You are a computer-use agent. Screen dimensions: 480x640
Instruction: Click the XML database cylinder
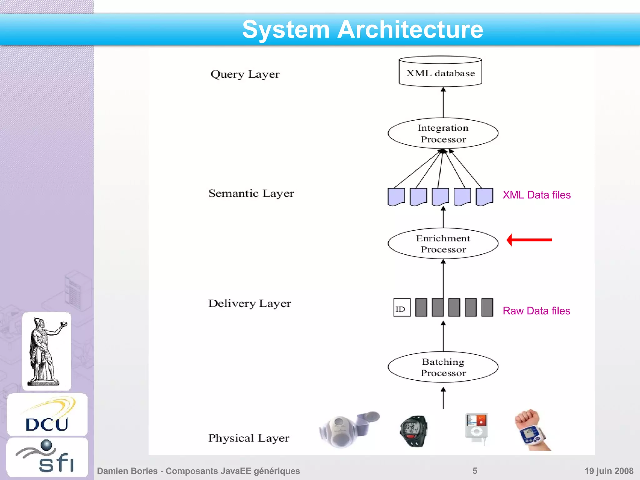[440, 72]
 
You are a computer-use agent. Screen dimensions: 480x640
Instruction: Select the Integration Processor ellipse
[443, 133]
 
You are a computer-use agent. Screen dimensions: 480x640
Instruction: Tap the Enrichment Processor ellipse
[443, 244]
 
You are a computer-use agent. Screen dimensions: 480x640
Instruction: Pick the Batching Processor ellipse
[443, 367]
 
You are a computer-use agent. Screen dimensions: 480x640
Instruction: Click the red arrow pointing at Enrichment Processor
[529, 240]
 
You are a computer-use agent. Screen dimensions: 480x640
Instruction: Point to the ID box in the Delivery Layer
[402, 308]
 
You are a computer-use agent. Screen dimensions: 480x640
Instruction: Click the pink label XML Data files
[536, 195]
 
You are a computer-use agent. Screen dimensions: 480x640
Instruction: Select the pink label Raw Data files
[536, 311]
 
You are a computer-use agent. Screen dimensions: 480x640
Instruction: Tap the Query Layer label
[245, 74]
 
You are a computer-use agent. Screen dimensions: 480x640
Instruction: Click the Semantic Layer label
[251, 193]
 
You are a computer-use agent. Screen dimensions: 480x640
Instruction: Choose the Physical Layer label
[249, 438]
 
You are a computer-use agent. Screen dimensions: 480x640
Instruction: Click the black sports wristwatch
[413, 431]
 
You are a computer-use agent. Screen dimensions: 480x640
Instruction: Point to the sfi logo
[47, 457]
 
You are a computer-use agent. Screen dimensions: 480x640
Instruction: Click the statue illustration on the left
[47, 351]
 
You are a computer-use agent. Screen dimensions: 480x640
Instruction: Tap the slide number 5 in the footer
[475, 471]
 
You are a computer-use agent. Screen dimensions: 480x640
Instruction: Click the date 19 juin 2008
[608, 471]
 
